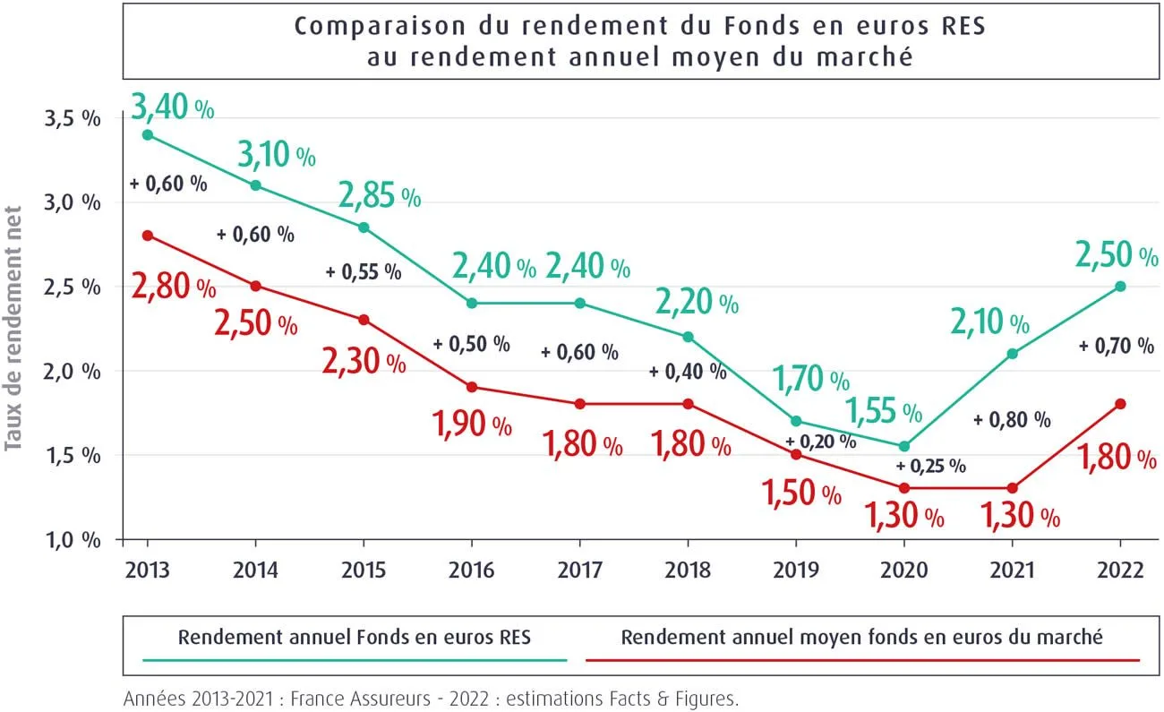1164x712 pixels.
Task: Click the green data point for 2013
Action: tap(148, 135)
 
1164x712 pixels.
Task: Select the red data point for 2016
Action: tap(472, 387)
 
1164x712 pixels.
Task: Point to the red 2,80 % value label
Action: tap(174, 287)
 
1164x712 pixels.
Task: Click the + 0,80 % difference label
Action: tap(1012, 418)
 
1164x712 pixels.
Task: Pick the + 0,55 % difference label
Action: tap(363, 271)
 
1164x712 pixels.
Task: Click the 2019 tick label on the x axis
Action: tap(796, 570)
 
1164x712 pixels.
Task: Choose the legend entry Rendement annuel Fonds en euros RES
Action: tap(355, 638)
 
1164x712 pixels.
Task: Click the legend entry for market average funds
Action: tap(861, 638)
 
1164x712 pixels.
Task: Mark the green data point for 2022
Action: tap(1120, 287)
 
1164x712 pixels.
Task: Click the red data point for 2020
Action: tap(904, 488)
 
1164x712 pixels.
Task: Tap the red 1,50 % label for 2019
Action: tap(800, 492)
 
